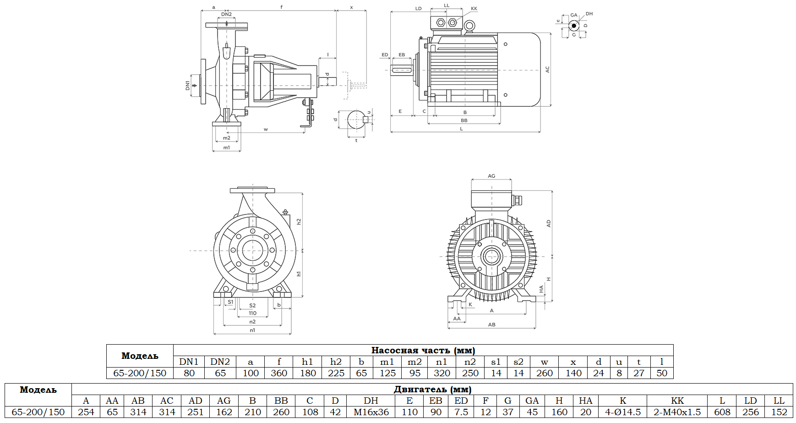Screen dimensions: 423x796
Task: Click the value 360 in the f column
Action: pos(279,373)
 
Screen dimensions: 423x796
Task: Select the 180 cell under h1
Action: pos(308,373)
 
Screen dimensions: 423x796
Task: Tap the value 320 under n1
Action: pos(442,373)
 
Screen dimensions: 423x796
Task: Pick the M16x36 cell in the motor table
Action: pos(371,412)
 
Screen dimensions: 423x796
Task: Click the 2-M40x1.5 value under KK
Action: pos(677,412)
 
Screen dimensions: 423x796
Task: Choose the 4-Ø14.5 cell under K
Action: pos(623,412)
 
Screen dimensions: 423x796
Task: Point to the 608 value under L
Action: pos(722,412)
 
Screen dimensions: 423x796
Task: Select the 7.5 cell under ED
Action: pos(461,412)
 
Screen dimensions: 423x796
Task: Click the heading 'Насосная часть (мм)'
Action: pos(423,351)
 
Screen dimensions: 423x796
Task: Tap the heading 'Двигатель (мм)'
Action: pos(432,390)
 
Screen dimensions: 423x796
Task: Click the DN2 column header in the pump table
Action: pos(220,362)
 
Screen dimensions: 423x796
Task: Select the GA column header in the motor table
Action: pos(532,401)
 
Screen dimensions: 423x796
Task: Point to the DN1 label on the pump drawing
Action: pos(187,85)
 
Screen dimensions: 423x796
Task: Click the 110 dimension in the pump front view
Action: pos(252,313)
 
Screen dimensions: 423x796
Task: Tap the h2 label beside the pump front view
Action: pos(299,221)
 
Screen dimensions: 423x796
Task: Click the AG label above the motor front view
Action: pos(491,176)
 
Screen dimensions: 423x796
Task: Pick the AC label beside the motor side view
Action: pos(547,70)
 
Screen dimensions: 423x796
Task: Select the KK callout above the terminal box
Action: pos(474,9)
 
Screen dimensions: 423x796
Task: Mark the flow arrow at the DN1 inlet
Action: pos(195,85)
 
